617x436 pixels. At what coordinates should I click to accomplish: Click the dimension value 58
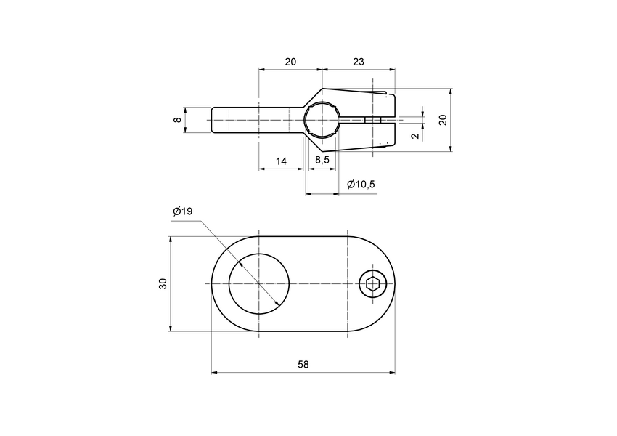303,364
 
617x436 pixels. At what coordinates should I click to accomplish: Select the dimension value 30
163,283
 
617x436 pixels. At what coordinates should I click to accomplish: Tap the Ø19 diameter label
183,211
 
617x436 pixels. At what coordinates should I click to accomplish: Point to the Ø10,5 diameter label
361,185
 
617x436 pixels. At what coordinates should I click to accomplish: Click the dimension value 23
359,62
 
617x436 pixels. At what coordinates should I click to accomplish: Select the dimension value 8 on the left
176,120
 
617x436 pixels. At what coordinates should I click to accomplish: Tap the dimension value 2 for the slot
414,136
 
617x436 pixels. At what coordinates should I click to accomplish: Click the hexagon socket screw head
372,283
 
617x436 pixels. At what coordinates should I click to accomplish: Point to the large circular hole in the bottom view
259,283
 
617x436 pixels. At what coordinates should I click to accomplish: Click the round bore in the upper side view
321,120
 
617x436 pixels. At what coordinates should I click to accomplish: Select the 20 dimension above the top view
290,62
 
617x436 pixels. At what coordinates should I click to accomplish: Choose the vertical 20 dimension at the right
443,120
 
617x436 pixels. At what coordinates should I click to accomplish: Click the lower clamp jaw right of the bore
363,135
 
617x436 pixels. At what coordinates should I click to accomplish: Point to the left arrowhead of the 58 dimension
214,373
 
